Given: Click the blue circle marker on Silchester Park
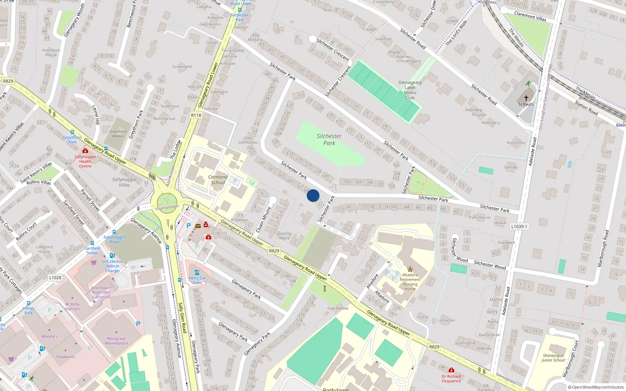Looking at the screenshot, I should (313, 195).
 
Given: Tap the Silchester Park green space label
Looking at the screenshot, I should (329, 140).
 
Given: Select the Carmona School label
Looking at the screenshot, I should (218, 179).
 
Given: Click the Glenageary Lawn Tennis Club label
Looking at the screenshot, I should (410, 90).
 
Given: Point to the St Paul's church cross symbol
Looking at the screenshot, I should (526, 98).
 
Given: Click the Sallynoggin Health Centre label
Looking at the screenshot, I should (85, 161).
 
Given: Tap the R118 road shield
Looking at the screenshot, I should (196, 115).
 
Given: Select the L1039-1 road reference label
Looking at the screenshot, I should (519, 226).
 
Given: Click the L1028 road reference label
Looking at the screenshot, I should (55, 278).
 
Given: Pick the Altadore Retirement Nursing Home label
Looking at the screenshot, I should (410, 282).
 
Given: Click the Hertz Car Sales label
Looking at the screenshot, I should (197, 280).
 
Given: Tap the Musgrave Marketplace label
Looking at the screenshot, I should (116, 341).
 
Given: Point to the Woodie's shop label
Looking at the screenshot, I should (49, 336).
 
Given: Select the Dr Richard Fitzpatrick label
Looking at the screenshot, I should (452, 378).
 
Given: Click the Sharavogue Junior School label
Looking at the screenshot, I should (553, 358).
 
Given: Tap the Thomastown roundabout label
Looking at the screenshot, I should (167, 208).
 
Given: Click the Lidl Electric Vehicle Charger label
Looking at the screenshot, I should (113, 266).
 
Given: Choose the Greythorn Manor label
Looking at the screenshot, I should (118, 134).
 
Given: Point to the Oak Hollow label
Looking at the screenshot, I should (338, 308).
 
